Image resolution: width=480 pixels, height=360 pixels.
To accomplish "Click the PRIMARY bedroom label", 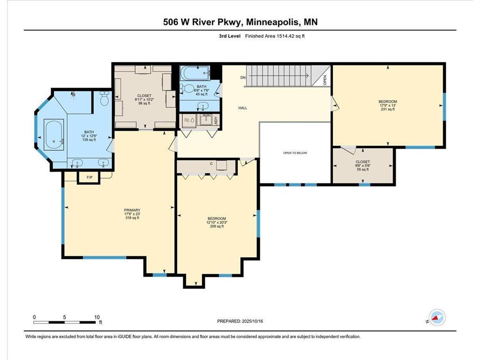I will [132, 210].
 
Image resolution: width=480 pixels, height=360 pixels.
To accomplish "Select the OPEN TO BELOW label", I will [295, 153].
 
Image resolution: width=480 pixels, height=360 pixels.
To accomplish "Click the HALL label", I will [242, 108].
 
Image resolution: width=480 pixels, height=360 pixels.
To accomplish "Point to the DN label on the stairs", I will [243, 77].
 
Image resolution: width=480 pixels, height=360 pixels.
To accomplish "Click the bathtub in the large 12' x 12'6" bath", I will [55, 134].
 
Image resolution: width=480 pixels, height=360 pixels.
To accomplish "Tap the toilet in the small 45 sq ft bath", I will [187, 89].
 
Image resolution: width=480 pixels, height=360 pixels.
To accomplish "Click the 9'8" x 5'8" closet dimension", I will [362, 165].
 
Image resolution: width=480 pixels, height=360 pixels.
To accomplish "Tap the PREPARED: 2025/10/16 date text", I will [244, 321].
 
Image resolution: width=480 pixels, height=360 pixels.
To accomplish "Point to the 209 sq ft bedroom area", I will [217, 226].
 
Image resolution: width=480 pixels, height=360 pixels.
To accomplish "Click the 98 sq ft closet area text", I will [143, 104].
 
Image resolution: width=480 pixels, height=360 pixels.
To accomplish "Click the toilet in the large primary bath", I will [105, 98].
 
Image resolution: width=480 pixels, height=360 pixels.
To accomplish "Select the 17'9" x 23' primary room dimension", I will [132, 214].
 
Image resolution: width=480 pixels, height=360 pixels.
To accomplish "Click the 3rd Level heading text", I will [228, 36].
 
